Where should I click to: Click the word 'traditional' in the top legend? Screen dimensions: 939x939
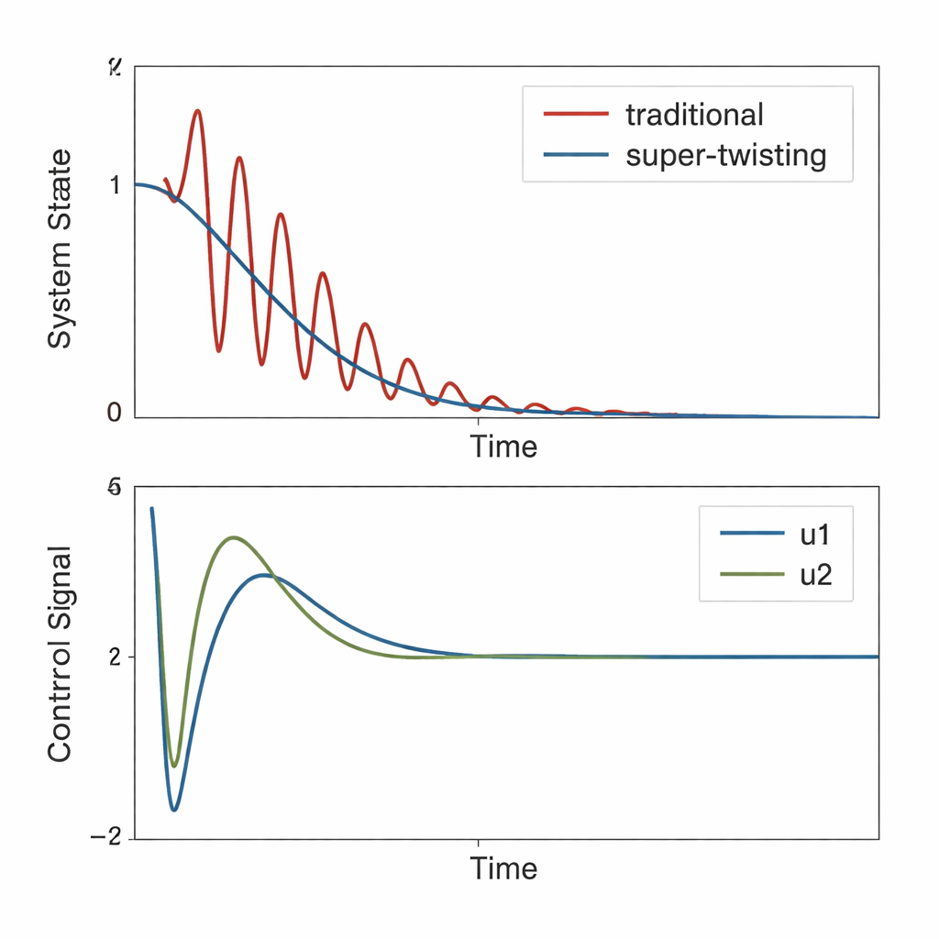click(x=693, y=115)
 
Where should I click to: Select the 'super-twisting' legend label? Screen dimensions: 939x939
click(x=725, y=155)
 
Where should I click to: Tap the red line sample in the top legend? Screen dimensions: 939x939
click(x=576, y=115)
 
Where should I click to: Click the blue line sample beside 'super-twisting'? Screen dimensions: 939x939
click(x=576, y=155)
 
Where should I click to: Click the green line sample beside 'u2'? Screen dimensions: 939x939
click(x=753, y=575)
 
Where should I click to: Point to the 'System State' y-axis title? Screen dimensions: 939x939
click(x=60, y=249)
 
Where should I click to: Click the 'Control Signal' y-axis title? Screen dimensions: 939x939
click(x=60, y=654)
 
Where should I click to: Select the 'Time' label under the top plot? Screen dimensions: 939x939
click(x=503, y=447)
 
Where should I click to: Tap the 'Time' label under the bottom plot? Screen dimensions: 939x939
click(x=503, y=867)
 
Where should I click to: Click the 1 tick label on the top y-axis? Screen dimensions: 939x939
click(x=115, y=185)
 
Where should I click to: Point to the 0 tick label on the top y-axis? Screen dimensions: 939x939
click(x=115, y=413)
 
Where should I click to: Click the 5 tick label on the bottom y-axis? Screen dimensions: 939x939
click(x=115, y=488)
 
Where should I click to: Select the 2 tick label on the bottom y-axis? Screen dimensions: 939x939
click(x=115, y=657)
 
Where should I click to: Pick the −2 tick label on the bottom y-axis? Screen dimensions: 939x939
click(x=106, y=838)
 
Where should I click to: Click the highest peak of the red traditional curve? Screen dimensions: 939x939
click(x=197, y=111)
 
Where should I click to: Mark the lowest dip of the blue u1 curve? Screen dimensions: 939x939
click(x=173, y=810)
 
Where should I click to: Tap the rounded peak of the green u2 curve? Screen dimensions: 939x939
click(x=234, y=537)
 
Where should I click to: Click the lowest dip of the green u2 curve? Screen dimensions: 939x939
click(x=173, y=766)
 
